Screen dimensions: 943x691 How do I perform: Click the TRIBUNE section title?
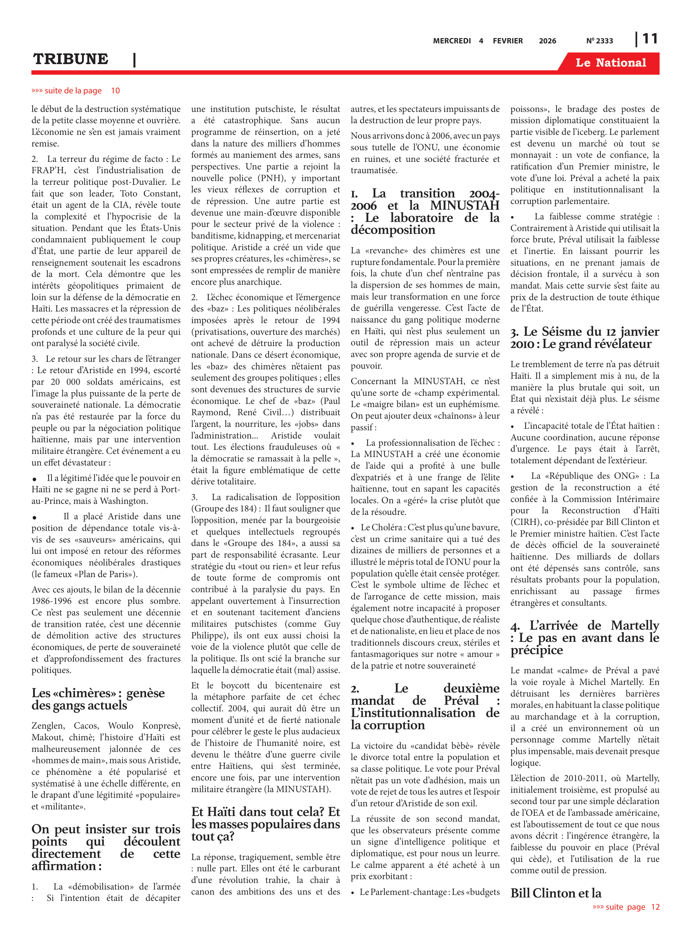point(70,59)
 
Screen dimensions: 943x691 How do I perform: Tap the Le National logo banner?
point(610,63)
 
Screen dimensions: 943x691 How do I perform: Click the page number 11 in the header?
point(650,39)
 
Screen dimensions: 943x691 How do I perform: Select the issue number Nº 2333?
point(599,41)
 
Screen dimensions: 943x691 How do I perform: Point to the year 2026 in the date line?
point(547,41)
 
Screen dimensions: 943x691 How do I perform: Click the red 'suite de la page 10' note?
point(75,91)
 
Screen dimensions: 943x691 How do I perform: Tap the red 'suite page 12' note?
point(626,919)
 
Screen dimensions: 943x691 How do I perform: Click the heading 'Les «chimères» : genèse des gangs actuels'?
point(98,699)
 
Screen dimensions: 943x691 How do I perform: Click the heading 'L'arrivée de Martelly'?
point(584,637)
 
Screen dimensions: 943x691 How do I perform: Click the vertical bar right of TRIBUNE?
point(134,60)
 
